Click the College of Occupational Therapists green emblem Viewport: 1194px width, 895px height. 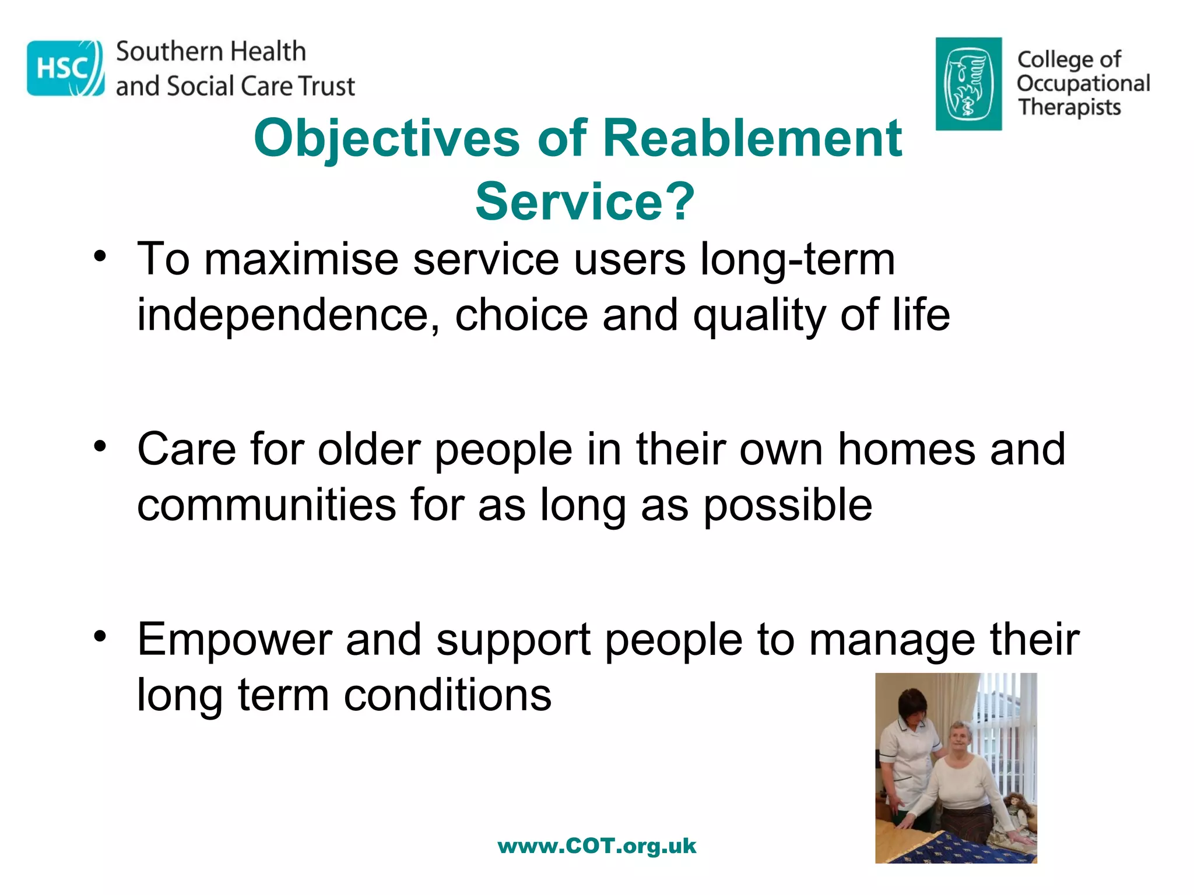(x=968, y=84)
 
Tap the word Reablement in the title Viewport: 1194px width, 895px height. (x=752, y=138)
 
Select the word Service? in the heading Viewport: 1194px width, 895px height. (x=585, y=202)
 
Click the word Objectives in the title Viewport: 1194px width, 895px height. (x=387, y=138)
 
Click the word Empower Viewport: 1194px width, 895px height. (x=234, y=640)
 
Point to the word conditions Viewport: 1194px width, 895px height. (x=447, y=695)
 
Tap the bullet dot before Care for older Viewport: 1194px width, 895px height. (x=100, y=447)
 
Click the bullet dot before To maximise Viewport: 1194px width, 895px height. (x=100, y=257)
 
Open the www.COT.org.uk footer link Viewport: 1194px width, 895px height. (x=597, y=846)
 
